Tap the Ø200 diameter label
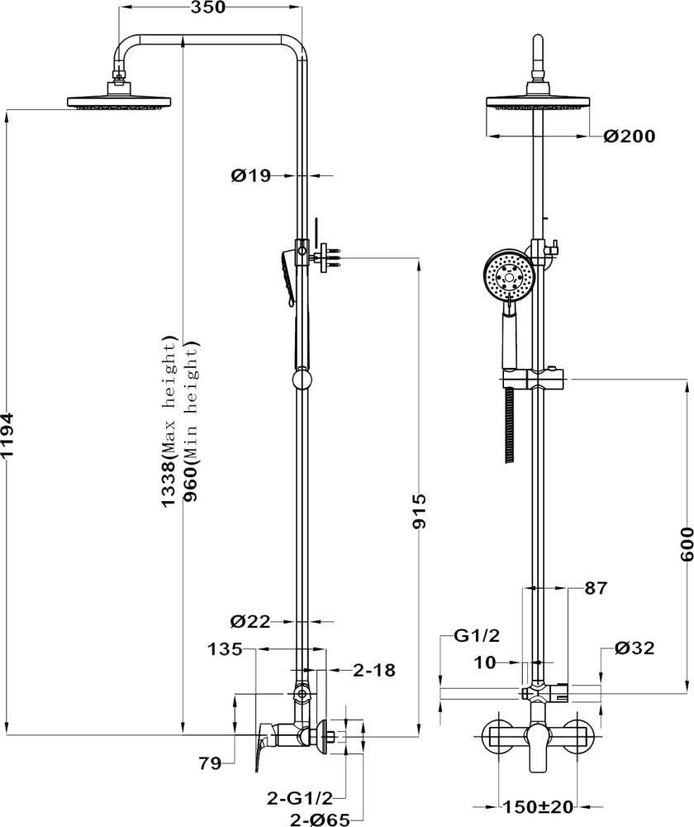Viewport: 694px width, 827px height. point(630,136)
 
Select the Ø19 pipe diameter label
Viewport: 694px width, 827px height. point(251,175)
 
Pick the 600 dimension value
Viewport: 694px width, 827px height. point(687,544)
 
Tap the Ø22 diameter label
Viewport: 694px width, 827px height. point(250,622)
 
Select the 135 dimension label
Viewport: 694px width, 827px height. point(225,649)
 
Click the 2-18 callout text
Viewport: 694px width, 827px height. point(374,671)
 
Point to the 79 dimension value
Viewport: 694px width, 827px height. point(210,763)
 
